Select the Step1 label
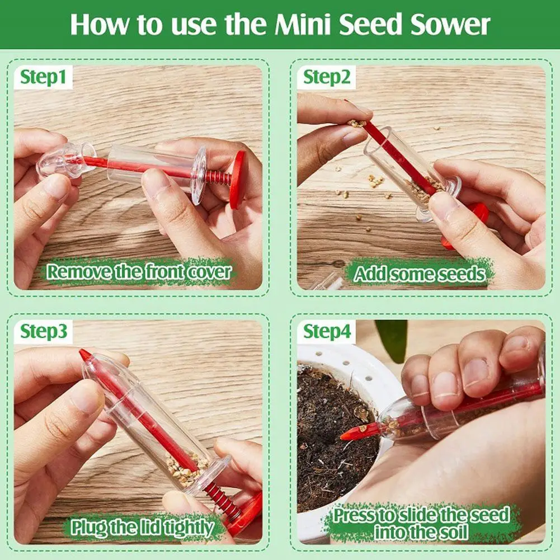[x=43, y=77]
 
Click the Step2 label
[x=327, y=77]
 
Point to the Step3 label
[x=44, y=331]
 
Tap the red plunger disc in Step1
[x=237, y=179]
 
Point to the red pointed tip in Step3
[x=84, y=355]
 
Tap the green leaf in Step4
[x=390, y=339]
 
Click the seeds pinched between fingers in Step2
[x=356, y=124]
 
